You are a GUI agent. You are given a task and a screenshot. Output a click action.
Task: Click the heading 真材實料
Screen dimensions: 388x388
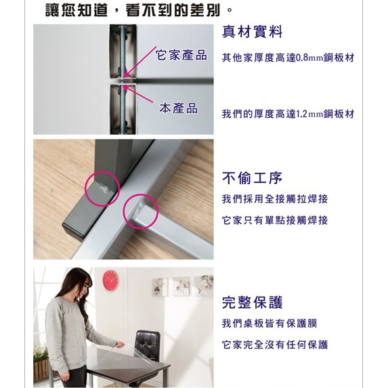click(252, 32)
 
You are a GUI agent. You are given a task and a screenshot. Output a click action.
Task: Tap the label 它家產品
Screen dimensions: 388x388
click(181, 55)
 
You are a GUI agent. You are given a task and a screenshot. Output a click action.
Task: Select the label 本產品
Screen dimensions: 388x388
click(178, 108)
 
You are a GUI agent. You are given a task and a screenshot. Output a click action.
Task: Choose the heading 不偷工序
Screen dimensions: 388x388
click(252, 178)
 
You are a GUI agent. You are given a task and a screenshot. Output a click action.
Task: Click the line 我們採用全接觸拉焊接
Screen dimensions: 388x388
click(275, 199)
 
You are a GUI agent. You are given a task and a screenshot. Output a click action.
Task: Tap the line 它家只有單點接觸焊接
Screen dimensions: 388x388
click(275, 220)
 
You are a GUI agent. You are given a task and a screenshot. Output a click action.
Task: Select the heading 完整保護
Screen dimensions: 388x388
click(252, 303)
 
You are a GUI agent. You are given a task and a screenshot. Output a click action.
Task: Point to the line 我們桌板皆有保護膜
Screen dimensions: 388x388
click(270, 323)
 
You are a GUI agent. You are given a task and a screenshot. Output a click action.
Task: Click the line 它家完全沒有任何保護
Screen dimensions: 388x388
click(275, 345)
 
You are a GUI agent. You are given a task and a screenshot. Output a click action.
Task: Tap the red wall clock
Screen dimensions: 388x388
click(110, 280)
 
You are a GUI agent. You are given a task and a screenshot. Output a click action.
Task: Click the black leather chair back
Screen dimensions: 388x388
click(148, 345)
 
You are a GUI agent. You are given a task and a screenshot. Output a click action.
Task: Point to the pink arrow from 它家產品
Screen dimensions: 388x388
click(139, 62)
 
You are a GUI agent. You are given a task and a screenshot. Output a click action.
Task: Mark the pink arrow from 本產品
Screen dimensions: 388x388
click(138, 93)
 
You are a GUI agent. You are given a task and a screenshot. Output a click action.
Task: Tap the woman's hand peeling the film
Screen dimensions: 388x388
click(121, 345)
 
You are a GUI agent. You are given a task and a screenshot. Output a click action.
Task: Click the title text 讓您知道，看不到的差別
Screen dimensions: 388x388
click(139, 10)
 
